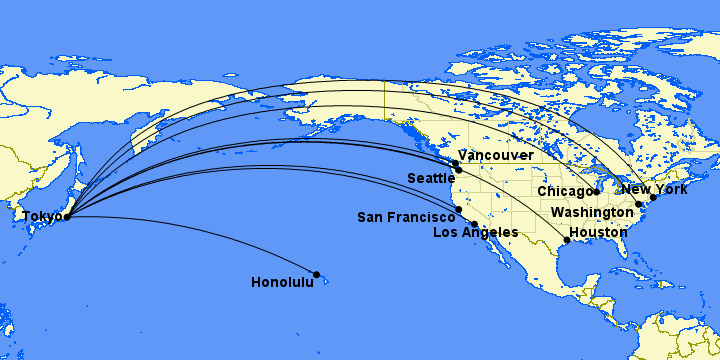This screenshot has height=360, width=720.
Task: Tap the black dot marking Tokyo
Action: (67, 216)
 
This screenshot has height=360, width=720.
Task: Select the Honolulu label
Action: (282, 283)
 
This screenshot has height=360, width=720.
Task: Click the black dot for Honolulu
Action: (317, 274)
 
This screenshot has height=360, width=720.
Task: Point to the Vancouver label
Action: (496, 156)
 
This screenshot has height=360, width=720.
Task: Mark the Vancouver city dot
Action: (455, 163)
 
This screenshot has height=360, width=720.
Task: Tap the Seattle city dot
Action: (458, 170)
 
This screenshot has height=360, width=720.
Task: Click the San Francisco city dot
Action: (458, 210)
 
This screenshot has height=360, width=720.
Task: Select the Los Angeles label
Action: (475, 233)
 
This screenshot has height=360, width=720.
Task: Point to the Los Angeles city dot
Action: (474, 224)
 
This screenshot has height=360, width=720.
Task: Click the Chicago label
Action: (565, 191)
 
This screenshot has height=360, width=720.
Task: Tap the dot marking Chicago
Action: (596, 191)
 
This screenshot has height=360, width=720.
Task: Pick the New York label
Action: (655, 189)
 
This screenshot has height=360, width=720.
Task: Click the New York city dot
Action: (652, 197)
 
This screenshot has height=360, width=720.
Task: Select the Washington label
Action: (591, 212)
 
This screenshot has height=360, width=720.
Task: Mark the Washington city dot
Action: (639, 204)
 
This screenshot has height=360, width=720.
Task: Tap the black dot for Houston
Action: (567, 240)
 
